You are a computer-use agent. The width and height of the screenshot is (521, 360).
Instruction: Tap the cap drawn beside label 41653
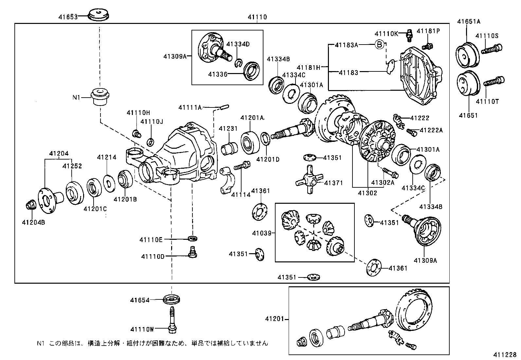(x=99, y=15)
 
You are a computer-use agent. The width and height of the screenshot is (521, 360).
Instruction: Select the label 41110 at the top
(x=257, y=17)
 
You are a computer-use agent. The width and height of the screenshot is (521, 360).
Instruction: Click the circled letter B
(x=379, y=45)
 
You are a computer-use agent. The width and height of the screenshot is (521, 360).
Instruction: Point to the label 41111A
(x=190, y=107)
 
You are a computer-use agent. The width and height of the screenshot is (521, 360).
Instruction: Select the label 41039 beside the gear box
(x=262, y=233)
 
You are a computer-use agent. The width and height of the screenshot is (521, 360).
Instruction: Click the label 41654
(x=140, y=300)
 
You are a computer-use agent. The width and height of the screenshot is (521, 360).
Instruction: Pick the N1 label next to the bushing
(x=76, y=97)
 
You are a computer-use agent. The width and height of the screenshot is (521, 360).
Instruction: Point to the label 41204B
(x=33, y=222)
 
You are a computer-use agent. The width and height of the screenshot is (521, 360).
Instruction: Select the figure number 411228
(x=505, y=355)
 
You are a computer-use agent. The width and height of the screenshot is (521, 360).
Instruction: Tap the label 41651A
(x=468, y=22)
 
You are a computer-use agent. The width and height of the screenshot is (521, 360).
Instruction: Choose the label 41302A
(x=383, y=182)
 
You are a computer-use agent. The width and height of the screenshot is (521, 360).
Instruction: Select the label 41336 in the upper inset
(x=218, y=74)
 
